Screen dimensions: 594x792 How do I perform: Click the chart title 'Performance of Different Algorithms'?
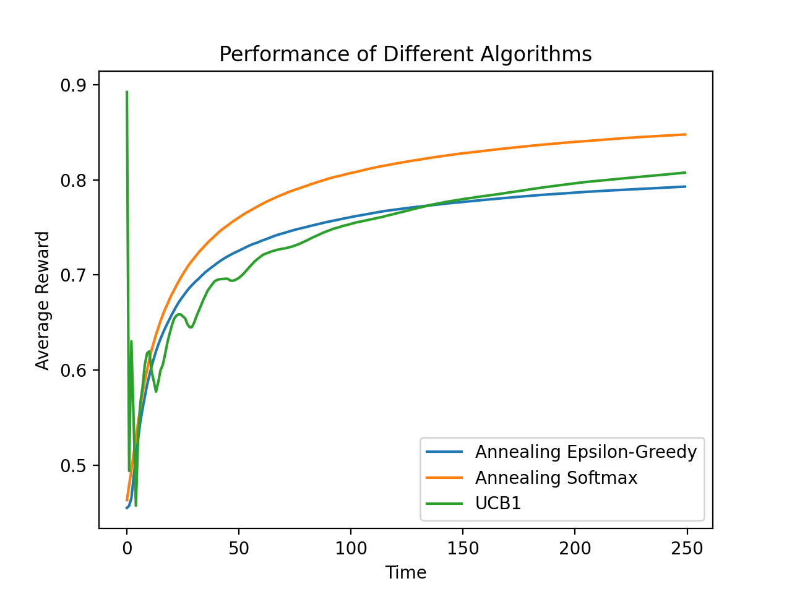point(405,54)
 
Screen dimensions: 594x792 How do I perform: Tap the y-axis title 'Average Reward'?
point(43,301)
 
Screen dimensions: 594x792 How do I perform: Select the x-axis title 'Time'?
point(406,572)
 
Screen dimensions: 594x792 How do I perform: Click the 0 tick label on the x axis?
point(127,548)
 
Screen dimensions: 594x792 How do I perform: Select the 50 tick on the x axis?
point(239,548)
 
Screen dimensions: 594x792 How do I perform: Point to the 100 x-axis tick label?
point(351,548)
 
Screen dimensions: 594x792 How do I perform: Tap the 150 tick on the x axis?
point(463,548)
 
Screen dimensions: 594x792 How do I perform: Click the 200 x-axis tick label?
point(575,548)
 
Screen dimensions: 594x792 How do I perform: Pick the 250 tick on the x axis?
point(687,548)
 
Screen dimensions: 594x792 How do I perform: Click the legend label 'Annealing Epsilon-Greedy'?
point(585,452)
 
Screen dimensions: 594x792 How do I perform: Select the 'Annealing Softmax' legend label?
point(556,478)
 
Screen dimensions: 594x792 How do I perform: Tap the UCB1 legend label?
point(498,504)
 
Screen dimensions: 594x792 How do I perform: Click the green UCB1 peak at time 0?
point(127,92)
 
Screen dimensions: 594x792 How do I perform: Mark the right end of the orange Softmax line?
point(685,134)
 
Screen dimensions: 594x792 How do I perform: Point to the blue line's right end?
point(685,186)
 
